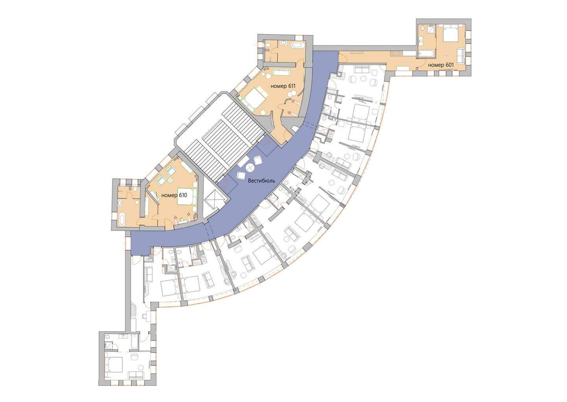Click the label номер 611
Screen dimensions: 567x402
point(283,86)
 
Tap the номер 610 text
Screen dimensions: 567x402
point(174,195)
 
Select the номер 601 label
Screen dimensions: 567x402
point(441,65)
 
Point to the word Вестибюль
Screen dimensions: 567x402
point(261,181)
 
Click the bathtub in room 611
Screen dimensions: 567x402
point(298,46)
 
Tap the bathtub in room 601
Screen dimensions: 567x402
point(426,53)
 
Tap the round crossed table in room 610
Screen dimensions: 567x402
point(170,180)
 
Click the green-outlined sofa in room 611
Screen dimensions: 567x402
point(281,72)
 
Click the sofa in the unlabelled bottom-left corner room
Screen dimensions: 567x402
point(136,375)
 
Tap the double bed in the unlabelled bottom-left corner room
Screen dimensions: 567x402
point(114,365)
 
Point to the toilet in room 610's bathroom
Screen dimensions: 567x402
point(135,189)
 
